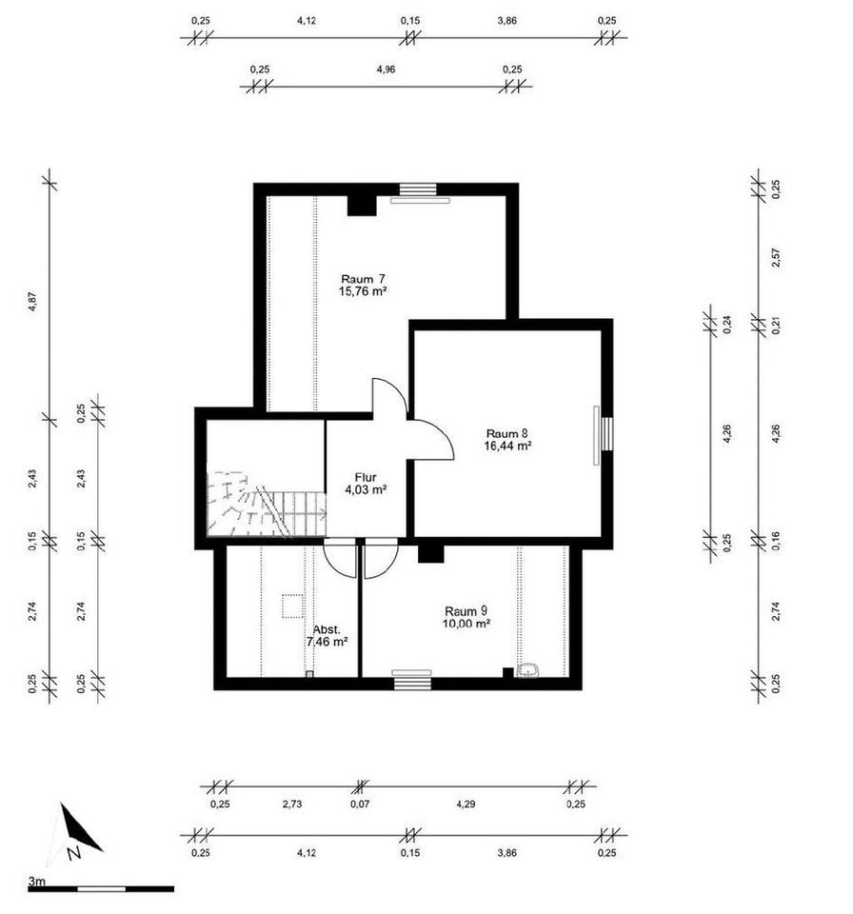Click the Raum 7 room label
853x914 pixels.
362,277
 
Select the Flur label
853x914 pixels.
365,476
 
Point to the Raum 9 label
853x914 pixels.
466,610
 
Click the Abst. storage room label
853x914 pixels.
327,629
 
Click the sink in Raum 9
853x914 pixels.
529,670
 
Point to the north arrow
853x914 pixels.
77,831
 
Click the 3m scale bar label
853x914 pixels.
37,882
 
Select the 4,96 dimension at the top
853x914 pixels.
386,70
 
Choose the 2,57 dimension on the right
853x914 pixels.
776,257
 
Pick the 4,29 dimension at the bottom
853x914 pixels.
466,805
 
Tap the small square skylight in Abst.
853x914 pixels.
292,606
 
